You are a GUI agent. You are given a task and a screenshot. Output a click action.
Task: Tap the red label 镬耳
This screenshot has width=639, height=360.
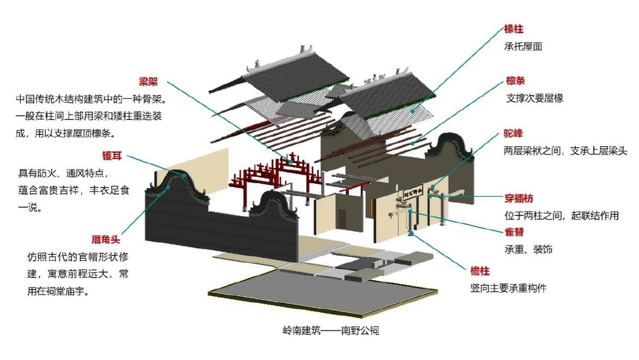tap(111, 156)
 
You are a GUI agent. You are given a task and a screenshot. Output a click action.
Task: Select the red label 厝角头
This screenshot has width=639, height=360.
tap(106, 239)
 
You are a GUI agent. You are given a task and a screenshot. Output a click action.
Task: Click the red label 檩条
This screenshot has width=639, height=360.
tap(515, 81)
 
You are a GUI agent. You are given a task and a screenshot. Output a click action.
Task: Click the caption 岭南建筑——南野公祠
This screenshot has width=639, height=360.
tap(330, 331)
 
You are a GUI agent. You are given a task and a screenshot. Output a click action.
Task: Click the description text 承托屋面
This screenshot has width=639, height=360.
tap(523, 47)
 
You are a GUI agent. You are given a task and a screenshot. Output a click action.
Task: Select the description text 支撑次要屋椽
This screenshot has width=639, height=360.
tap(534, 99)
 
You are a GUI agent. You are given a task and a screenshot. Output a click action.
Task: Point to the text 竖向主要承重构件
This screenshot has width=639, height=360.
tap(508, 288)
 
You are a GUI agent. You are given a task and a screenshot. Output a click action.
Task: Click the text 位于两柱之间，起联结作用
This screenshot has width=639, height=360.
tap(561, 215)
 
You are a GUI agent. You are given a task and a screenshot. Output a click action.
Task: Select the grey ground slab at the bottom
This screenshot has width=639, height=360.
tap(322, 295)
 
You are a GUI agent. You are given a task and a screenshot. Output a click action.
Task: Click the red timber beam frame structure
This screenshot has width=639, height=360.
tap(273, 177)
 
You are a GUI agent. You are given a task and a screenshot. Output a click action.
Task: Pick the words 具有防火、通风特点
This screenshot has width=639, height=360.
tap(64, 173)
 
